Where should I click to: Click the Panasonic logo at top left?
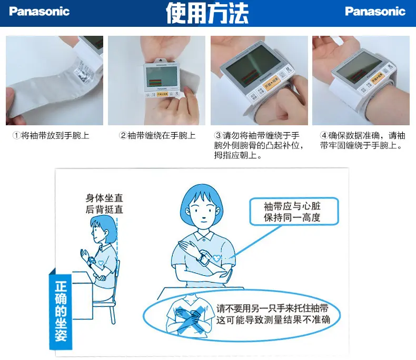(39, 12)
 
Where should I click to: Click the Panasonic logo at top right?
(375, 12)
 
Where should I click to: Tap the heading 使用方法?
(207, 13)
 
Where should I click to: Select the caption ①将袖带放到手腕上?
(51, 135)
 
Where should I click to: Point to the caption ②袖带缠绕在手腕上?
(157, 135)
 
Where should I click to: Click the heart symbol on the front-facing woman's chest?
(215, 258)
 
